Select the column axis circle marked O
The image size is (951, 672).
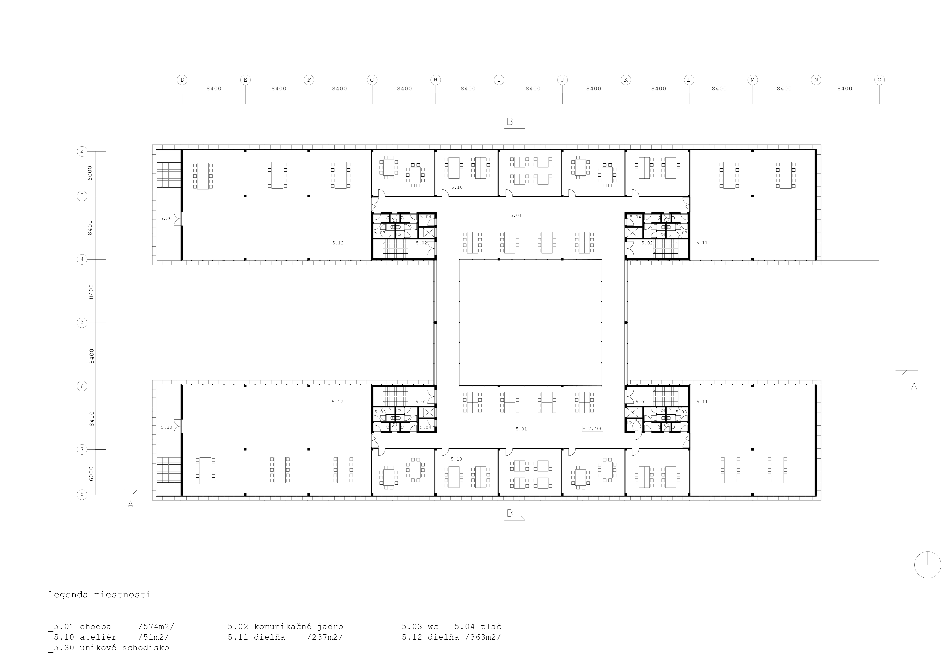(x=879, y=80)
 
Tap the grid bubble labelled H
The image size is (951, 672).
(x=435, y=80)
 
